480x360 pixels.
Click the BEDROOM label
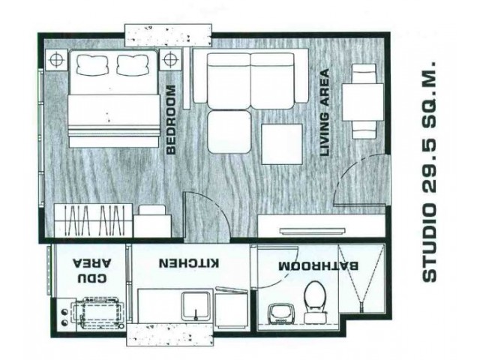[172, 120]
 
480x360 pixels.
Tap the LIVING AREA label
[325, 113]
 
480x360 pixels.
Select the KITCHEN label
[189, 263]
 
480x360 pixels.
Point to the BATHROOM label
[318, 265]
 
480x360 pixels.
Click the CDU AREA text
[91, 271]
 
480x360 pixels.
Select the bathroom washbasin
[279, 313]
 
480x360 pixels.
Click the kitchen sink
[196, 306]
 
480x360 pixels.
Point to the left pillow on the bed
[93, 65]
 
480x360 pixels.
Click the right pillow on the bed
[133, 65]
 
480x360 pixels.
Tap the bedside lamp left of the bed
[56, 60]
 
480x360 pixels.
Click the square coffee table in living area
[282, 144]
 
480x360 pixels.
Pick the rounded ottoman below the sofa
[229, 132]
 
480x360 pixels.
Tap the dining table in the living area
[363, 102]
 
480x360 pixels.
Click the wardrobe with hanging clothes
[93, 220]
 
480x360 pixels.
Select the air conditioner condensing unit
[98, 313]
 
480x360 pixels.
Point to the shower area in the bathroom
[361, 282]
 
